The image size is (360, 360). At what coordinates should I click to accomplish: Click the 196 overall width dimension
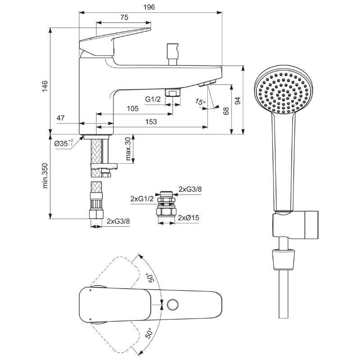click(149, 7)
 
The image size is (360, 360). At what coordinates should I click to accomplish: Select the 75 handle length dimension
click(124, 18)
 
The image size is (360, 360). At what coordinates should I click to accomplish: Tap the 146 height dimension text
click(45, 86)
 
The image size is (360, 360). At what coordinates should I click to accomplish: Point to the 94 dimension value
click(238, 101)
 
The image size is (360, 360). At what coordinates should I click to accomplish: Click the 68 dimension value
click(226, 111)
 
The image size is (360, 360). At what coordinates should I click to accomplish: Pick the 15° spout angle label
click(200, 101)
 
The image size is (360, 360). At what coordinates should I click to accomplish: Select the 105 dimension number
click(132, 108)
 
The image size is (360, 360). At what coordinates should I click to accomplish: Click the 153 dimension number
click(151, 121)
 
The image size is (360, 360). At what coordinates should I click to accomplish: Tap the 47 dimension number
click(61, 118)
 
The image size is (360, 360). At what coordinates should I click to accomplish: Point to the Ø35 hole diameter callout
click(63, 143)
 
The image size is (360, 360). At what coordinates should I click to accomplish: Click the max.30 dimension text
click(128, 148)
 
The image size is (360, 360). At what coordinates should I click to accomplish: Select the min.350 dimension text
click(45, 175)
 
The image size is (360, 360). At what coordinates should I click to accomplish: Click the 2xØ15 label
click(189, 217)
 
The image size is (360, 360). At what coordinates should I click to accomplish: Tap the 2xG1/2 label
click(142, 198)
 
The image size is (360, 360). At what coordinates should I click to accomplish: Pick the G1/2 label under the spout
click(153, 99)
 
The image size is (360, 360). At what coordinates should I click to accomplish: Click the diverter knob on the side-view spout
click(173, 54)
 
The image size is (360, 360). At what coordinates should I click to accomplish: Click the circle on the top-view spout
click(173, 305)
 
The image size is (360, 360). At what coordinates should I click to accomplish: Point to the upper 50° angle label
click(150, 278)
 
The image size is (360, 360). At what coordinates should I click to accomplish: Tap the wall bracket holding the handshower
click(296, 225)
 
